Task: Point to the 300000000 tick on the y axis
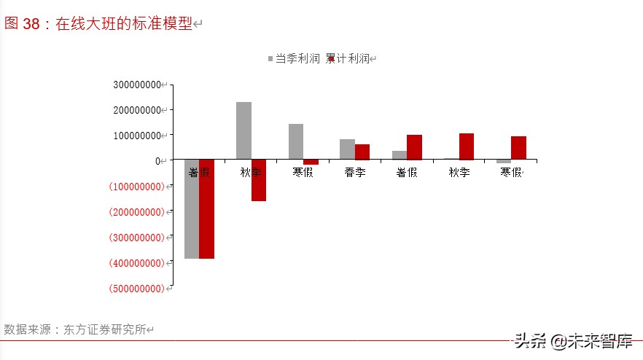(137, 85)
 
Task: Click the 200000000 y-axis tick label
(137, 110)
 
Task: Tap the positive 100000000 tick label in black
(137, 136)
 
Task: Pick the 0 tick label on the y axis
(157, 161)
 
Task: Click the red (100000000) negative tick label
(136, 187)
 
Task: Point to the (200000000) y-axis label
(136, 212)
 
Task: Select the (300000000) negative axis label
(136, 238)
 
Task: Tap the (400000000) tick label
(136, 263)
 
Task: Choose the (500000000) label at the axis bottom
(136, 289)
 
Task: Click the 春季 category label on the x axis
(354, 173)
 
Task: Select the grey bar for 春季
(347, 149)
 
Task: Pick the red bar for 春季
(362, 152)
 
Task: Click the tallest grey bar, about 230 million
(243, 130)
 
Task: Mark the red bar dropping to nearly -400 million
(206, 209)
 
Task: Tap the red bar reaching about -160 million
(259, 181)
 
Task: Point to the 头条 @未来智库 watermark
(573, 341)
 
